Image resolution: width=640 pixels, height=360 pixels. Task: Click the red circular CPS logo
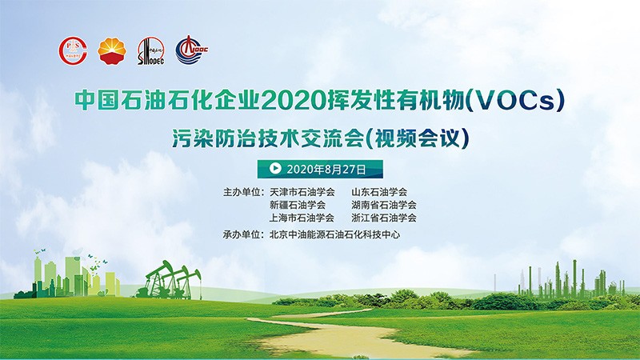click(73, 51)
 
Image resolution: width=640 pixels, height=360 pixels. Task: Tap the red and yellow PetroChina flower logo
click(112, 51)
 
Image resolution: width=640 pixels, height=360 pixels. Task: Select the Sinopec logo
click(150, 51)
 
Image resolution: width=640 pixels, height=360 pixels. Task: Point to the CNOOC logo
click(191, 50)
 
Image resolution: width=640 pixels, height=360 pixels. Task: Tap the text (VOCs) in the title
click(515, 100)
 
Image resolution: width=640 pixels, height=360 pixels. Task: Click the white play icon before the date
click(275, 168)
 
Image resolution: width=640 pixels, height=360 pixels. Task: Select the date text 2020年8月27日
click(326, 169)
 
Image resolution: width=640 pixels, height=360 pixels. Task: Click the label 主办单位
click(242, 192)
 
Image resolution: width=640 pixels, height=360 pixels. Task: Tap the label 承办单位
click(242, 234)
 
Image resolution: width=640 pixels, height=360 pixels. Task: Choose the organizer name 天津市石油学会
click(302, 192)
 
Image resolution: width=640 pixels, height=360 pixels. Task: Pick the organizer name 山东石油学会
click(379, 192)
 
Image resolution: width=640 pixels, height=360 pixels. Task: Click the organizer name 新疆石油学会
click(298, 205)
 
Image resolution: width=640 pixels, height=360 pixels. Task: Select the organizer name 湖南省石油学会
click(384, 205)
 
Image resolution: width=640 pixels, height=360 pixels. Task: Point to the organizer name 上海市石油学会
click(302, 218)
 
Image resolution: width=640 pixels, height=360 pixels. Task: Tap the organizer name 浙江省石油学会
click(384, 218)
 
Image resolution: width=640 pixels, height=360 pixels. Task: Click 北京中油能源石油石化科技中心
click(334, 234)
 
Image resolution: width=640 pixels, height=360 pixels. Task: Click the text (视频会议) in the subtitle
click(416, 138)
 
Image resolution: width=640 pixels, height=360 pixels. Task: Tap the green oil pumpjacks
click(169, 281)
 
